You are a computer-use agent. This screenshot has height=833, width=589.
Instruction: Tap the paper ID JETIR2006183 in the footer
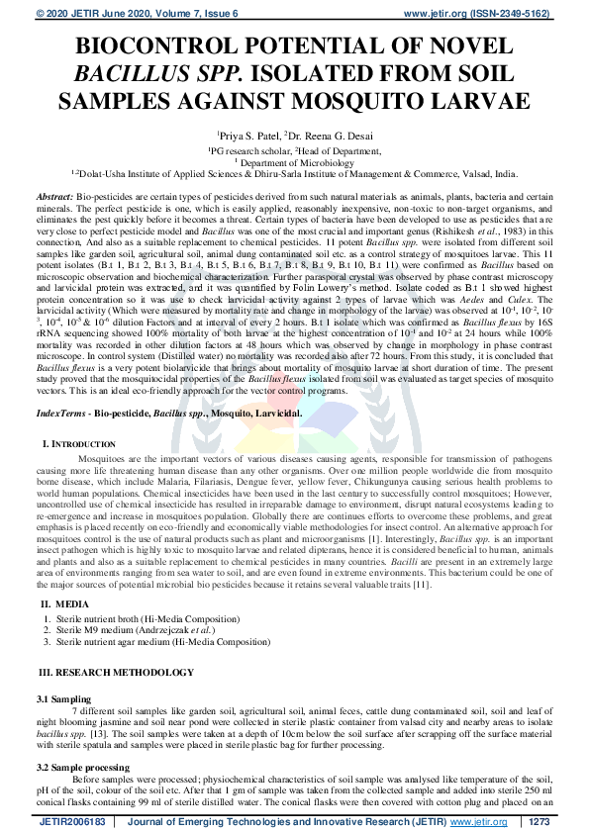[x=72, y=822]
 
